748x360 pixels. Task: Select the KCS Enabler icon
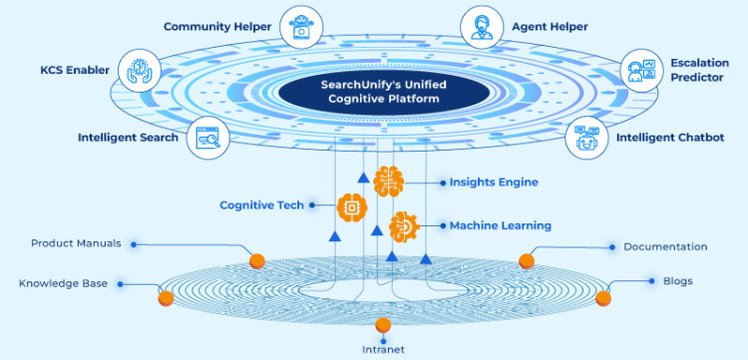(139, 72)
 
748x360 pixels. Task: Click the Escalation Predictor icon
(639, 71)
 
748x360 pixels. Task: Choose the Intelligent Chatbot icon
(586, 138)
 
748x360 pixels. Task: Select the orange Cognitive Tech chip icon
(351, 206)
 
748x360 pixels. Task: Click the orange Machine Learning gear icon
(404, 226)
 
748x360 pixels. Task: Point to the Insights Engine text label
(494, 182)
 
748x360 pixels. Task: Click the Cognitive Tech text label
(262, 205)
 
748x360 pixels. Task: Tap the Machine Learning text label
(500, 226)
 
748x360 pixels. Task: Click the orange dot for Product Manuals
(256, 261)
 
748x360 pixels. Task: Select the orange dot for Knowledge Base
(165, 295)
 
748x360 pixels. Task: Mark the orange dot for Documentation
(527, 261)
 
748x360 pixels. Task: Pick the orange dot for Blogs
(602, 297)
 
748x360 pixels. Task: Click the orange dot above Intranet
(383, 325)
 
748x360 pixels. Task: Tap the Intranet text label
(383, 349)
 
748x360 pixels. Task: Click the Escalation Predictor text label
(698, 70)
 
